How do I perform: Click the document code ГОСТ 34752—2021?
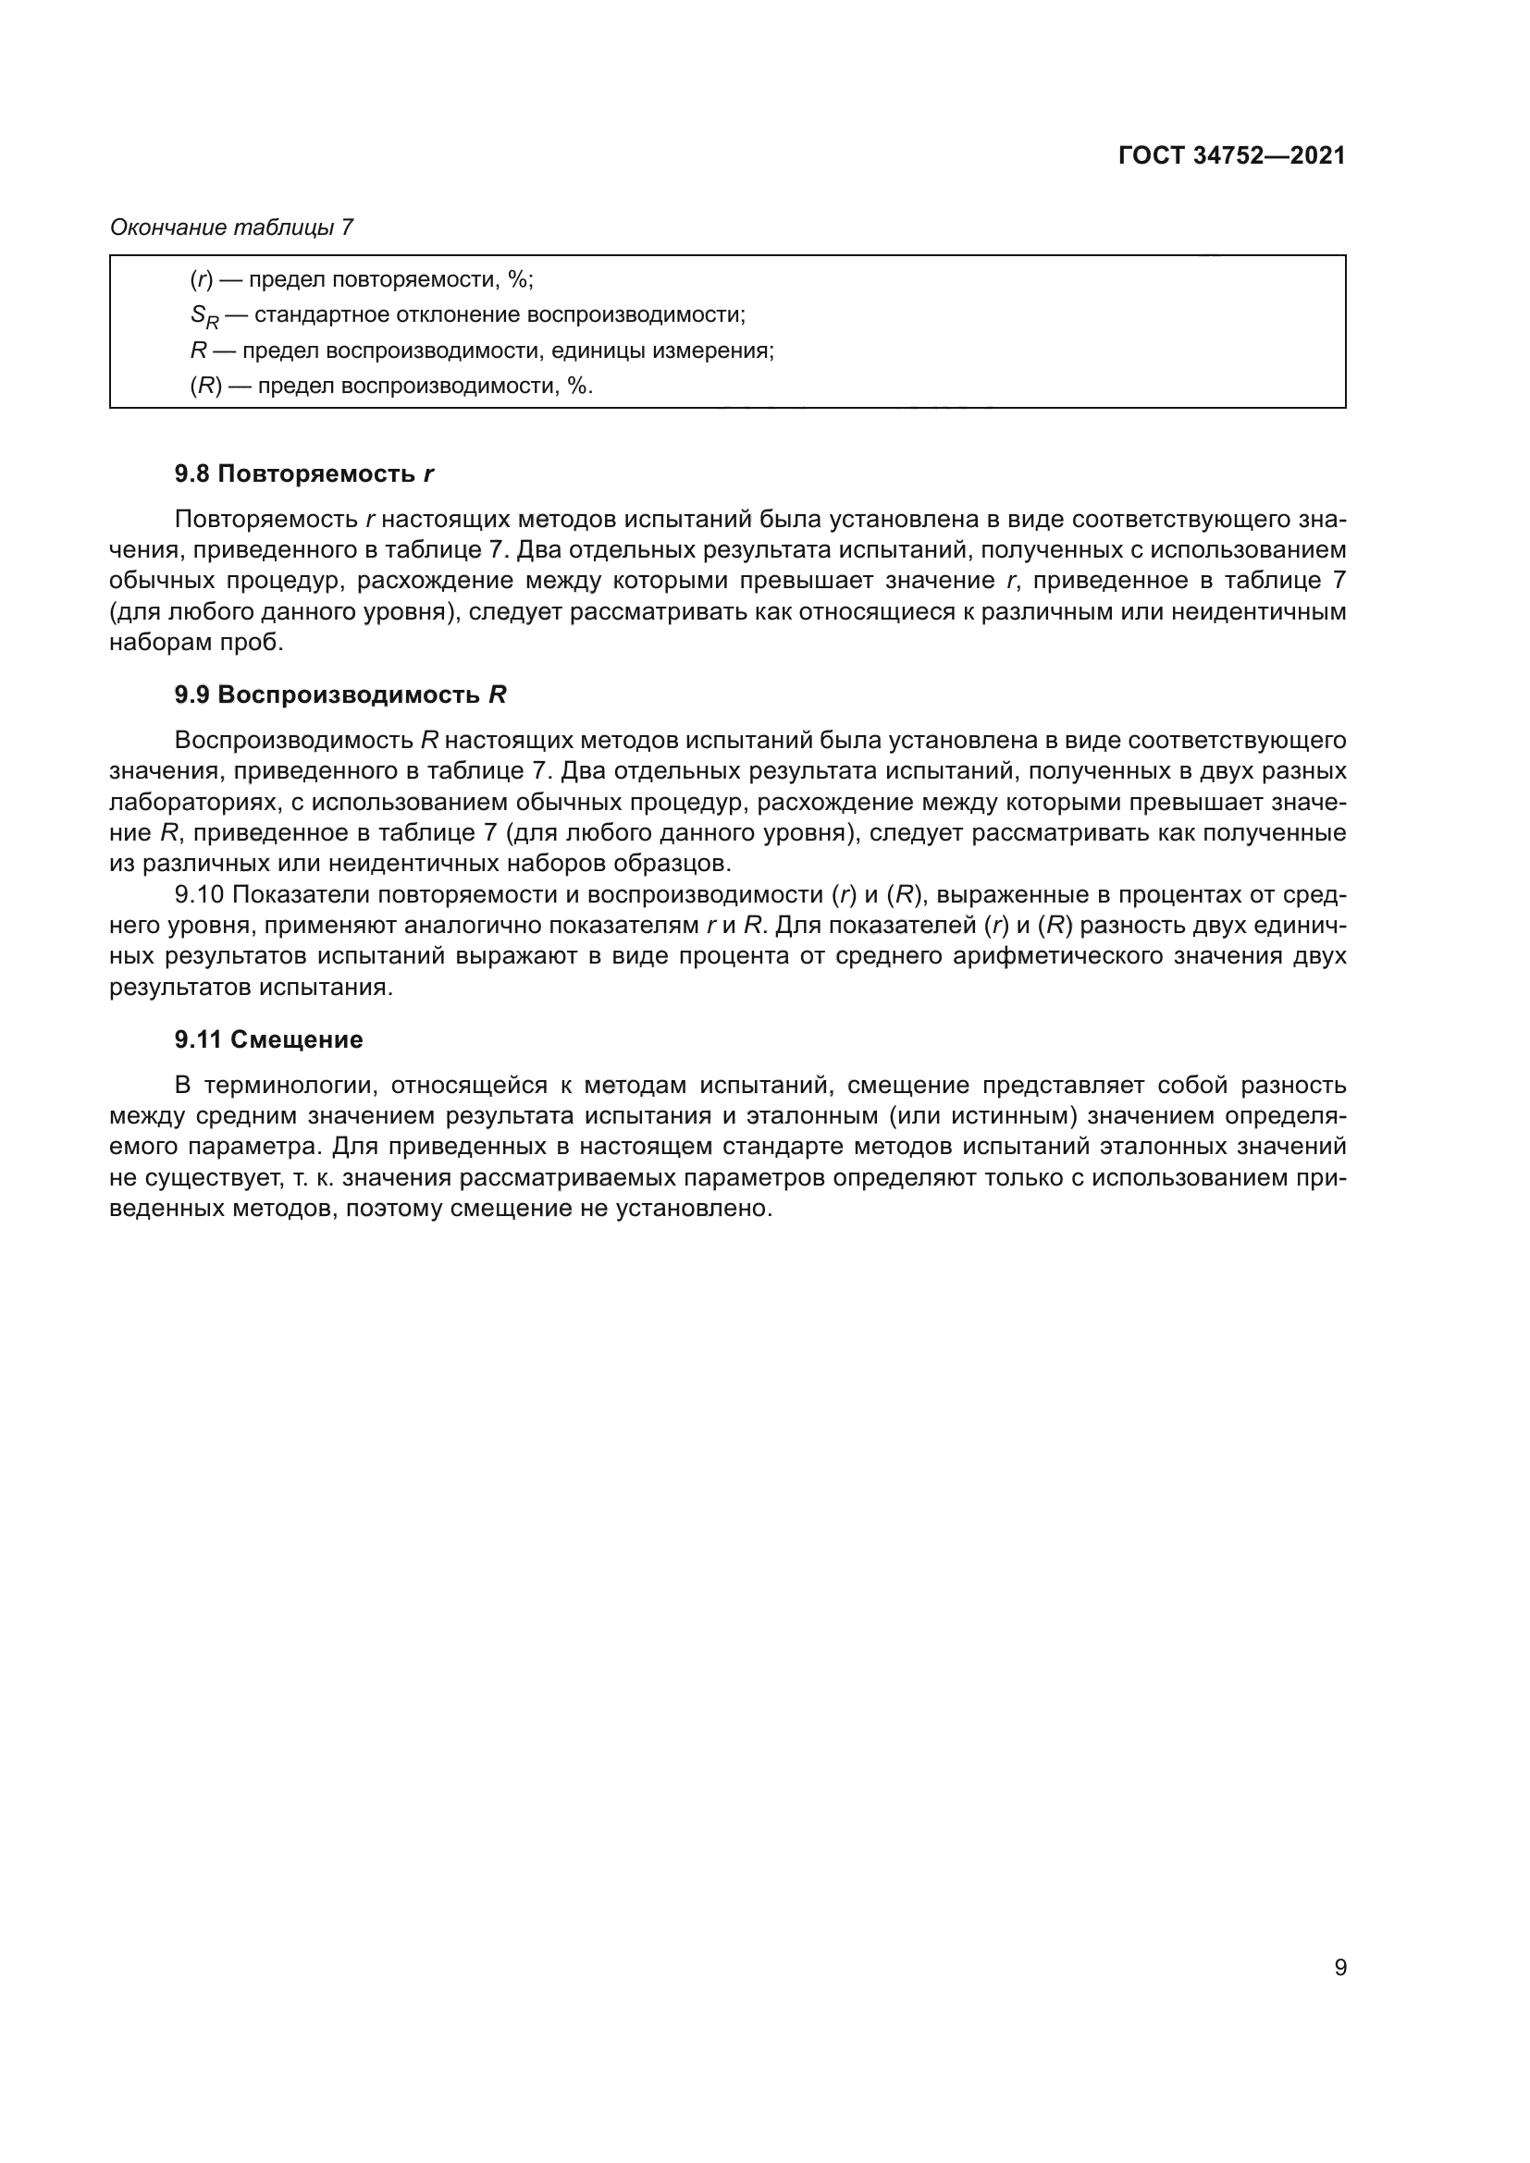click(x=1230, y=156)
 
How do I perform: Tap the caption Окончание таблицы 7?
click(x=232, y=227)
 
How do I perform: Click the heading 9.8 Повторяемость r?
click(x=303, y=473)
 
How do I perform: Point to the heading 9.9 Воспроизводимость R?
click(x=340, y=695)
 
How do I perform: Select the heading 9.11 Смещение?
click(x=268, y=1040)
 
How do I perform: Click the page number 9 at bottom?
click(x=1339, y=1968)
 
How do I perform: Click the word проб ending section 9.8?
click(x=260, y=643)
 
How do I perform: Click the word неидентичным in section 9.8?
click(x=1259, y=612)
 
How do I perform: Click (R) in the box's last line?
click(x=205, y=387)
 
